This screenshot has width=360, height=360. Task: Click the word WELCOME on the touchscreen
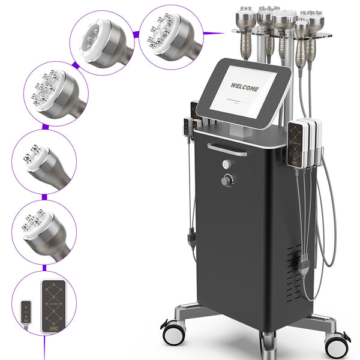tap(245, 88)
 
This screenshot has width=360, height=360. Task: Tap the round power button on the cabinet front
tap(227, 164)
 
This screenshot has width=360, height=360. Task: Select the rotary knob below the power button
tap(227, 180)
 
